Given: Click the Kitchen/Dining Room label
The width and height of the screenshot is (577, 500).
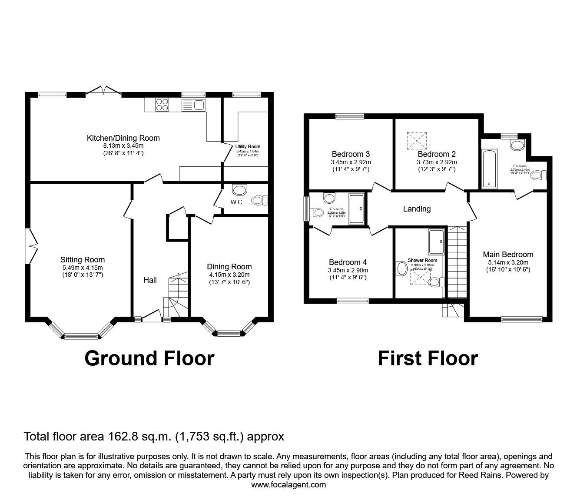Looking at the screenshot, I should (x=123, y=138).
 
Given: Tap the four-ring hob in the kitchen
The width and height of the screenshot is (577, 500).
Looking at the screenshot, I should (x=162, y=104).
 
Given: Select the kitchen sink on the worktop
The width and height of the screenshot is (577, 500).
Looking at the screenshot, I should (x=194, y=104).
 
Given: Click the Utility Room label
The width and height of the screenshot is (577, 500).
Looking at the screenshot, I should (x=248, y=146).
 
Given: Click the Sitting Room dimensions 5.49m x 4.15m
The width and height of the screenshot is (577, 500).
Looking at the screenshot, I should (x=82, y=268).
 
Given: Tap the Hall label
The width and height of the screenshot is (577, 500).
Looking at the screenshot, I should (x=150, y=280).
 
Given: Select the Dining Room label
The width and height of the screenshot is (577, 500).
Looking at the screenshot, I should (x=229, y=266).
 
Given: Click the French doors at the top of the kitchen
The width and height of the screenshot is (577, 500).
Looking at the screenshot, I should (x=103, y=90).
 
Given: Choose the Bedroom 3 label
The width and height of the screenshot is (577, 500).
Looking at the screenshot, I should (x=350, y=154).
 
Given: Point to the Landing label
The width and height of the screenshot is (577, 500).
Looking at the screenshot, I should (x=417, y=209).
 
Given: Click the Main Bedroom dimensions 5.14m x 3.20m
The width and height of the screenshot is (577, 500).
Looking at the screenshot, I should (x=508, y=262).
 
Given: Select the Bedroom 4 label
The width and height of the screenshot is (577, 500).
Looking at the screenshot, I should (x=348, y=262).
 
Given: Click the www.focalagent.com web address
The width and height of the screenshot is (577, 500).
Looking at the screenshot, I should (x=288, y=485).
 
